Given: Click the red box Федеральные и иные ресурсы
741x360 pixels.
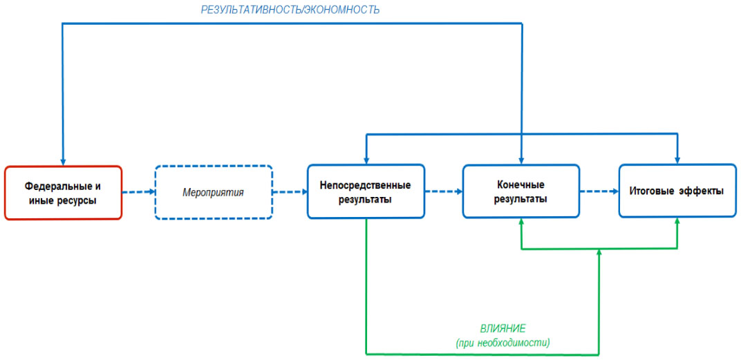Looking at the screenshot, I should pos(63,193).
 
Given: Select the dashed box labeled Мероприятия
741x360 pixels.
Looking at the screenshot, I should pos(213,192).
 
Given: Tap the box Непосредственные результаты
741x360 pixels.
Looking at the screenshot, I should pos(365,192).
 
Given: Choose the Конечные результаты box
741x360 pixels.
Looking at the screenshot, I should pos(520,191).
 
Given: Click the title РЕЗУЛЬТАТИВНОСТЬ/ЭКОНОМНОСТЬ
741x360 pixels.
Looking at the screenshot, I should pos(290,10).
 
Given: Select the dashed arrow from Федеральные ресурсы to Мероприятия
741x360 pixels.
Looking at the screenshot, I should pos(138,192).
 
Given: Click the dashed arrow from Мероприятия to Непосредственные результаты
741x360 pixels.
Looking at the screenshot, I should pos(290,192).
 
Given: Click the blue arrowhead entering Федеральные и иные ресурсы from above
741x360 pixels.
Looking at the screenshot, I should pos(63,161).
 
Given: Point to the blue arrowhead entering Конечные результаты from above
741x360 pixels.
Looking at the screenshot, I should pos(521,160).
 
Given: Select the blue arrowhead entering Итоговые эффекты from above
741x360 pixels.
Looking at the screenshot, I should pos(677,160).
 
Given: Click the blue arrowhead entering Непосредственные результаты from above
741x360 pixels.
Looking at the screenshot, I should pos(366,160).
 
